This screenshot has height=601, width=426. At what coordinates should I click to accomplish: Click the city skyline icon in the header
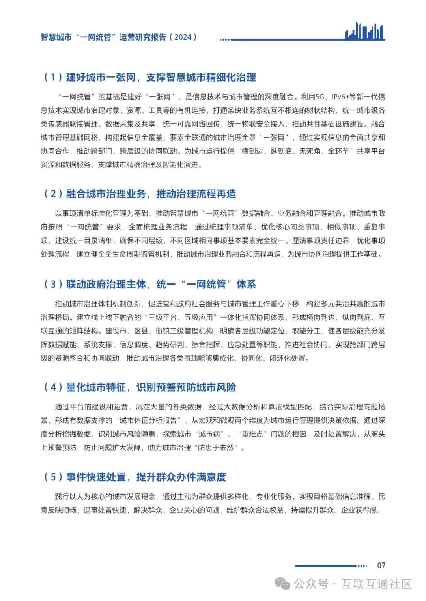364,31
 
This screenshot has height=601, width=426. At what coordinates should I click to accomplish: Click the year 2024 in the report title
183,37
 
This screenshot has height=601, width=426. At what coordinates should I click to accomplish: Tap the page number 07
381,565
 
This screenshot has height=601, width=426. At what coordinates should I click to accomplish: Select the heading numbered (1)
149,77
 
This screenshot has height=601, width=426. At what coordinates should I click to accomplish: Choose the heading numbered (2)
140,194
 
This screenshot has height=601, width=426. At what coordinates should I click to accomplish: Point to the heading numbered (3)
149,284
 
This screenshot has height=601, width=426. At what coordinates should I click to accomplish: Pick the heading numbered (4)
140,387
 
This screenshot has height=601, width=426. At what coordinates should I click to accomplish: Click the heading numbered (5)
135,477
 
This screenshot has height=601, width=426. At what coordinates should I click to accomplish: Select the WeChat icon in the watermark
282,583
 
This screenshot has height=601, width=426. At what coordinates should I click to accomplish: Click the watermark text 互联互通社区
377,584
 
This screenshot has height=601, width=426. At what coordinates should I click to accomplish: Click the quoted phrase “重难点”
252,434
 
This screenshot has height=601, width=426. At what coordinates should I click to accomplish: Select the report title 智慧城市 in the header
56,37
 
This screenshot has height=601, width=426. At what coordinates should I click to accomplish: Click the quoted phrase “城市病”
209,434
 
